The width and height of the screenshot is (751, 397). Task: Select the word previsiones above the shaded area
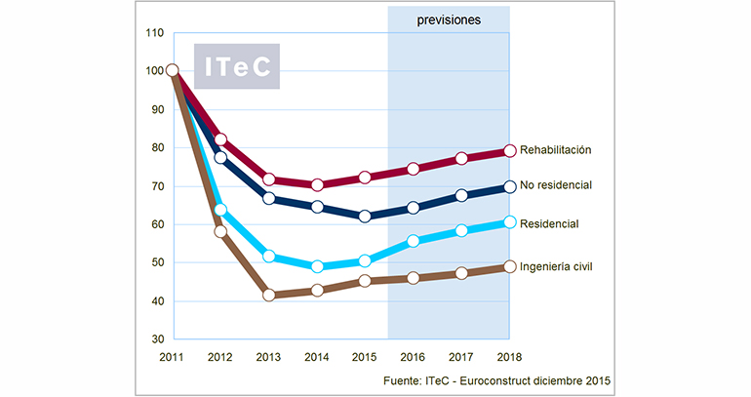pyautogui.click(x=449, y=19)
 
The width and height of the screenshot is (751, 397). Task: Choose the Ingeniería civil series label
pyautogui.click(x=571, y=266)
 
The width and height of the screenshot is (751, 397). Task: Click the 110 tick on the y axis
pyautogui.click(x=152, y=32)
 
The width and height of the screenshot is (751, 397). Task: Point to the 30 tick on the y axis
pyautogui.click(x=155, y=339)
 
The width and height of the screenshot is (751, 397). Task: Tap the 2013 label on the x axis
pyautogui.click(x=268, y=357)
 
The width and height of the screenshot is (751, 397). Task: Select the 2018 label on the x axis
pyautogui.click(x=508, y=357)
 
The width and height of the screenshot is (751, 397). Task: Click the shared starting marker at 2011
pyautogui.click(x=173, y=70)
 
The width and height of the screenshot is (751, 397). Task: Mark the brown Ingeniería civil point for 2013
pyautogui.click(x=268, y=295)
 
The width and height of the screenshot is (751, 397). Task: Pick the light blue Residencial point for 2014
pyautogui.click(x=317, y=266)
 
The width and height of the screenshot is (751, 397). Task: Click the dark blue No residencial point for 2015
pyautogui.click(x=365, y=217)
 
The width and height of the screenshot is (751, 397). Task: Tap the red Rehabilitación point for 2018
pyautogui.click(x=508, y=151)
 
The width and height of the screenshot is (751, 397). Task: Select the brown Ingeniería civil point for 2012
pyautogui.click(x=220, y=231)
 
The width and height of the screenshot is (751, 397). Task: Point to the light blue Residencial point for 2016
pyautogui.click(x=413, y=241)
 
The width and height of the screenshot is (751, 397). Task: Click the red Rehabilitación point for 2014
pyautogui.click(x=317, y=184)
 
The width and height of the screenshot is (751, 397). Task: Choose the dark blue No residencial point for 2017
pyautogui.click(x=460, y=195)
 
